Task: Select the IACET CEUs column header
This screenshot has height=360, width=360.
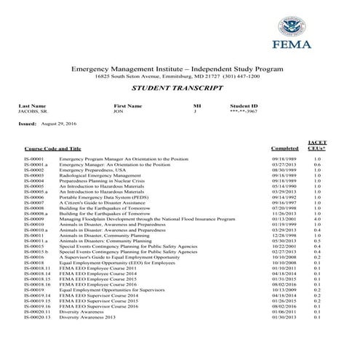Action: [316, 145]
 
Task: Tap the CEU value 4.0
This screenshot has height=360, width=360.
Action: [316, 219]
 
